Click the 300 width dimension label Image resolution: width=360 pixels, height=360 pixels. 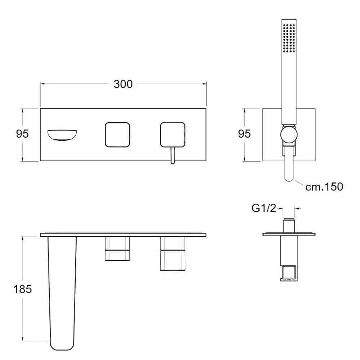point(123,84)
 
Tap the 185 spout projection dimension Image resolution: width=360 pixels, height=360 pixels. point(22,289)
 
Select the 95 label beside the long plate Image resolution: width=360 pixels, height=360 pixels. point(22,134)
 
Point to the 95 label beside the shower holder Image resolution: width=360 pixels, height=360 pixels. point(244,134)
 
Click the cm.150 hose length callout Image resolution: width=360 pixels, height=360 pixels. point(324,186)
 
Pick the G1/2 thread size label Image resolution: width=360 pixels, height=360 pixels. point(264,208)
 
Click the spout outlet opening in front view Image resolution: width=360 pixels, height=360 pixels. point(62,135)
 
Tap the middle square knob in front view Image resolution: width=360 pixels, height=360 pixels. point(117,135)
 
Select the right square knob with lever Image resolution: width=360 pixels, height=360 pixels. point(173,135)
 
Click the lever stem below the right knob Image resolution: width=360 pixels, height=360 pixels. point(173,156)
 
